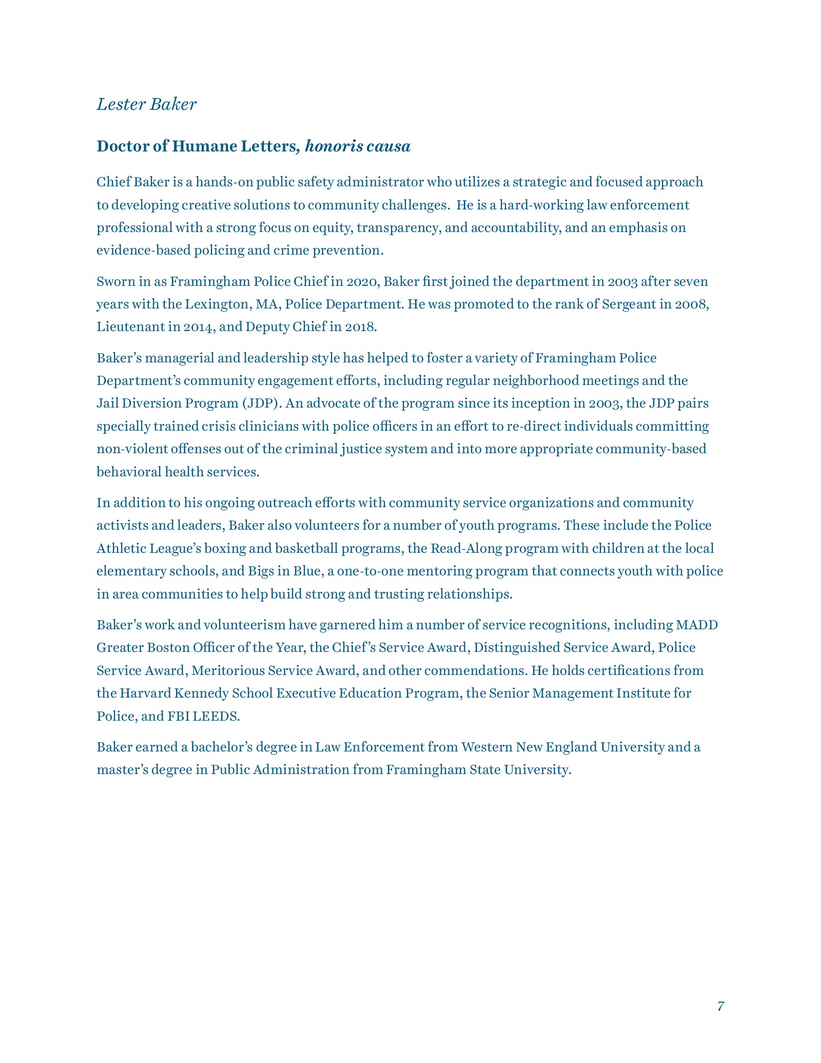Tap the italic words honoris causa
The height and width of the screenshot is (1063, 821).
point(358,147)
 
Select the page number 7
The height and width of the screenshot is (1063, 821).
point(720,1006)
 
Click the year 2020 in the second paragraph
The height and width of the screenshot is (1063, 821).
point(362,282)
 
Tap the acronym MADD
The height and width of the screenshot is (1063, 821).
point(697,625)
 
